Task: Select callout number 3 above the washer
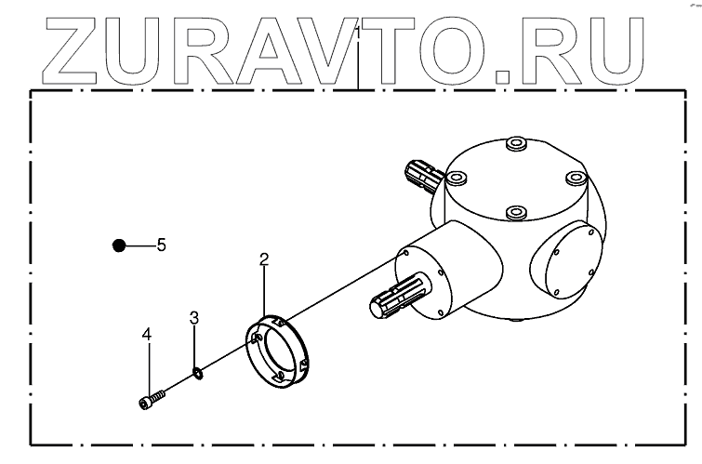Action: (x=194, y=318)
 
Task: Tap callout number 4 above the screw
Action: (x=146, y=333)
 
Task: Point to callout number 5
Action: (x=161, y=245)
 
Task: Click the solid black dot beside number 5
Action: (x=118, y=245)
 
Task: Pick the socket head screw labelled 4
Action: (x=152, y=399)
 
